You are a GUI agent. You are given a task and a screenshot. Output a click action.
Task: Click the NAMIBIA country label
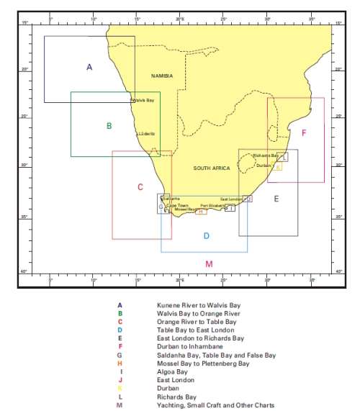coord(162,76)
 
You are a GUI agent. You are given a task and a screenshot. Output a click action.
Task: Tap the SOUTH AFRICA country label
coord(211,168)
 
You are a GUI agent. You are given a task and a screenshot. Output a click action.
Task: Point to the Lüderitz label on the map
coord(146,134)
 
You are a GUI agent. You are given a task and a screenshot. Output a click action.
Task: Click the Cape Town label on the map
coord(175,205)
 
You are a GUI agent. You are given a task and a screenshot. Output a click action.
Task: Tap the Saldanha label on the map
coord(171,198)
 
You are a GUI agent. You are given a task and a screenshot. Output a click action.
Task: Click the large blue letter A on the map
coord(89,67)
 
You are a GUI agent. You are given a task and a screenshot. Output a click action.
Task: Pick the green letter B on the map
coord(109,125)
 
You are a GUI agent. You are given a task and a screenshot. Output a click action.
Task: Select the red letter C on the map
coord(140,187)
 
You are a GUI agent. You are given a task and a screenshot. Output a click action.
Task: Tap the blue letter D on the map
coord(206,235)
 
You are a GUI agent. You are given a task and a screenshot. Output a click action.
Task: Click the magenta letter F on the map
coord(304,133)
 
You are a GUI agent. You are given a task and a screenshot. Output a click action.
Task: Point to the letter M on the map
coord(209,263)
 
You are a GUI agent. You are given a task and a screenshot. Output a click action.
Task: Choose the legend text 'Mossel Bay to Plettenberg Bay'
coord(203,363)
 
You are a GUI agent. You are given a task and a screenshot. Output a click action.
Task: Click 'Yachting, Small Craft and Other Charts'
coord(215,405)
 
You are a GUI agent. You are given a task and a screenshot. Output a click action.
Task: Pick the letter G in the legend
coord(120,355)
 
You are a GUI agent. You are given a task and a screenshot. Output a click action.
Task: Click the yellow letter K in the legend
coord(120,388)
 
